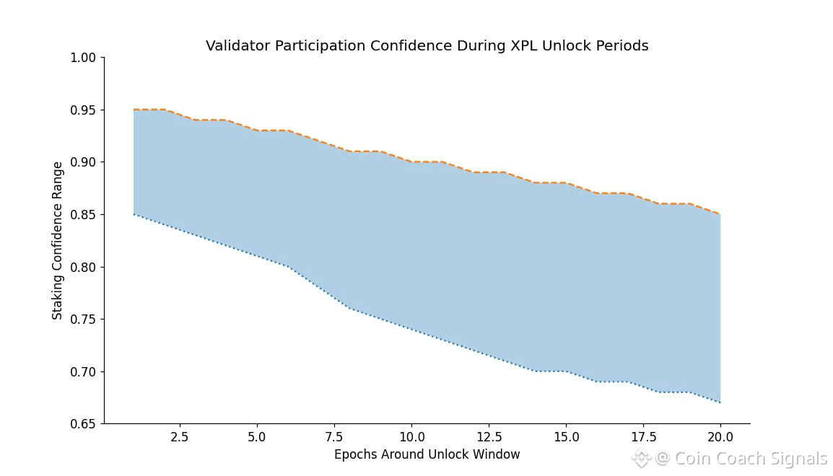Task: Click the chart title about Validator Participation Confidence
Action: coord(427,46)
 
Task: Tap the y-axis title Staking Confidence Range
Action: coord(58,241)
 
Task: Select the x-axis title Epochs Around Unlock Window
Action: coord(427,454)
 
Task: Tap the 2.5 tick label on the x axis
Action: coord(180,437)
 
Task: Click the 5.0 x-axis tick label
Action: coord(257,437)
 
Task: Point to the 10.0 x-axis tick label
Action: coord(411,437)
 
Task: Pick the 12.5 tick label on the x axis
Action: coord(489,437)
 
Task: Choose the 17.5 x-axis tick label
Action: coord(643,437)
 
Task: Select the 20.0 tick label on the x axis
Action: coord(720,437)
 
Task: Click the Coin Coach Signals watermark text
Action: coord(751,459)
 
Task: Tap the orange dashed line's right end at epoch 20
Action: coord(720,214)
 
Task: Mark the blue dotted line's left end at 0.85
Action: coord(134,214)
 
